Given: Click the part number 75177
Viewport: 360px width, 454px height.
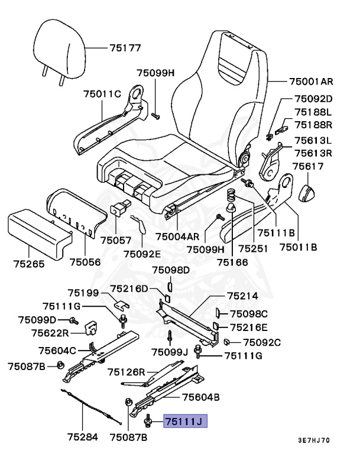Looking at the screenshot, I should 125,48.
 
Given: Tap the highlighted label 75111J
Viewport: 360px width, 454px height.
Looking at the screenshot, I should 186,421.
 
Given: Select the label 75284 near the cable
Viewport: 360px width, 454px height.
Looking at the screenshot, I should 82,437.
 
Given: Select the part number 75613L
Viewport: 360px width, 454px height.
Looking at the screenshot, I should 313,141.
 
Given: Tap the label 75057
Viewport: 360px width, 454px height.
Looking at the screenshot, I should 116,241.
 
